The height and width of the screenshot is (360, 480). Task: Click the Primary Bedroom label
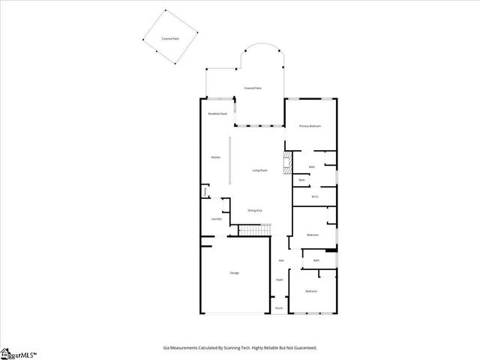point(310,126)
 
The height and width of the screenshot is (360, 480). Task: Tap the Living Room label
point(259,170)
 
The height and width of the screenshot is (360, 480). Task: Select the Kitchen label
point(215,157)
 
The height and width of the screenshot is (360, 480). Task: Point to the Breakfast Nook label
point(217,113)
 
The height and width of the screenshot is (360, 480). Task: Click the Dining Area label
point(255,211)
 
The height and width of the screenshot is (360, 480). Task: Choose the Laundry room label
point(216,219)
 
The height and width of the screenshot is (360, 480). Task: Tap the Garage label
point(234,272)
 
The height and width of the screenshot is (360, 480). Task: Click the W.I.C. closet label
point(315,196)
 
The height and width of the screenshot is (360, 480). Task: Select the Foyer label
point(279,279)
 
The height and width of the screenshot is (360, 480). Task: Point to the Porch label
point(279,307)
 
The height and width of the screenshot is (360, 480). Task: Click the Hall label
point(281,260)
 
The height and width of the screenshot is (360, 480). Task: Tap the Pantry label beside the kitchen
point(205,193)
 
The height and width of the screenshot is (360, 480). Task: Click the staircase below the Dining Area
point(253,229)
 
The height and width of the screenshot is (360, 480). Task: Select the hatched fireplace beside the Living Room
point(286,163)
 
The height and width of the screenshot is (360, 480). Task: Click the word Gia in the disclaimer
point(166,348)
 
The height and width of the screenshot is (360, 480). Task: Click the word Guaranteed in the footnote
point(301,348)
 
